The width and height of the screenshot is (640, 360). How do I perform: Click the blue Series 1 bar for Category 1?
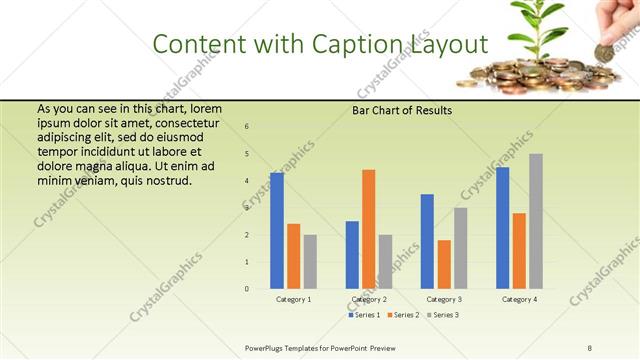point(277,231)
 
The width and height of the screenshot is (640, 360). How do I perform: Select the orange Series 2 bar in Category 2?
point(369,229)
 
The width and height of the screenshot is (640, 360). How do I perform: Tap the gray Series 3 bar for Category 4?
point(536,221)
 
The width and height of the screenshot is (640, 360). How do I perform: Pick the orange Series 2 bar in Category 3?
point(444,264)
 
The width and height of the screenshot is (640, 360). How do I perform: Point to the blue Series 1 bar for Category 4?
point(502,228)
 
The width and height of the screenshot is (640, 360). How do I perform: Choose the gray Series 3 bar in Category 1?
point(310,262)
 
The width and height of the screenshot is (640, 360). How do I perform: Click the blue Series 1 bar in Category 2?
point(352,255)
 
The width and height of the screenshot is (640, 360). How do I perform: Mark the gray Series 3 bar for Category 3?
point(460,248)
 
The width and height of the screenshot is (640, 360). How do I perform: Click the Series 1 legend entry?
point(364,315)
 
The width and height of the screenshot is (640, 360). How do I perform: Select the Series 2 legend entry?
point(404,315)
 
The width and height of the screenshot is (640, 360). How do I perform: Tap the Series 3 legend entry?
point(443,315)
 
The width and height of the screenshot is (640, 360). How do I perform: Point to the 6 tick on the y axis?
point(247,126)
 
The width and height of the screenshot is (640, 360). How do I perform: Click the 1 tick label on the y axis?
point(247,262)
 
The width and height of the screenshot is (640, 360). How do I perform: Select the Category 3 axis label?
point(444,299)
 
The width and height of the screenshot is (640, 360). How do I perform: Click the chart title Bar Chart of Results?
point(403,110)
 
